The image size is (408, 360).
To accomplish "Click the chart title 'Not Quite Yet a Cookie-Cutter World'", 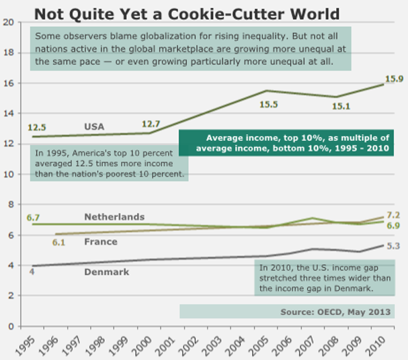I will pos(186,13).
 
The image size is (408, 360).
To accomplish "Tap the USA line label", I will pos(95,126).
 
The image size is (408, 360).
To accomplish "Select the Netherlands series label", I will pos(114,217).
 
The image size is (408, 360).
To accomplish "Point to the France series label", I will pos(101,242).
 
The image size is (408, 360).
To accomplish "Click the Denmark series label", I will pos(107,272).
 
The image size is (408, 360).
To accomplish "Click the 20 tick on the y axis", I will pos(9,22).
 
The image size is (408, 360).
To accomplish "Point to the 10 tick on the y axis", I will pos(9,175).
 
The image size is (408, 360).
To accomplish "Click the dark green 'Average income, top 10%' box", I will pos(287,141).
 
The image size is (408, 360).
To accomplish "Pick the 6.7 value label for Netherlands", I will pos(34,218).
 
